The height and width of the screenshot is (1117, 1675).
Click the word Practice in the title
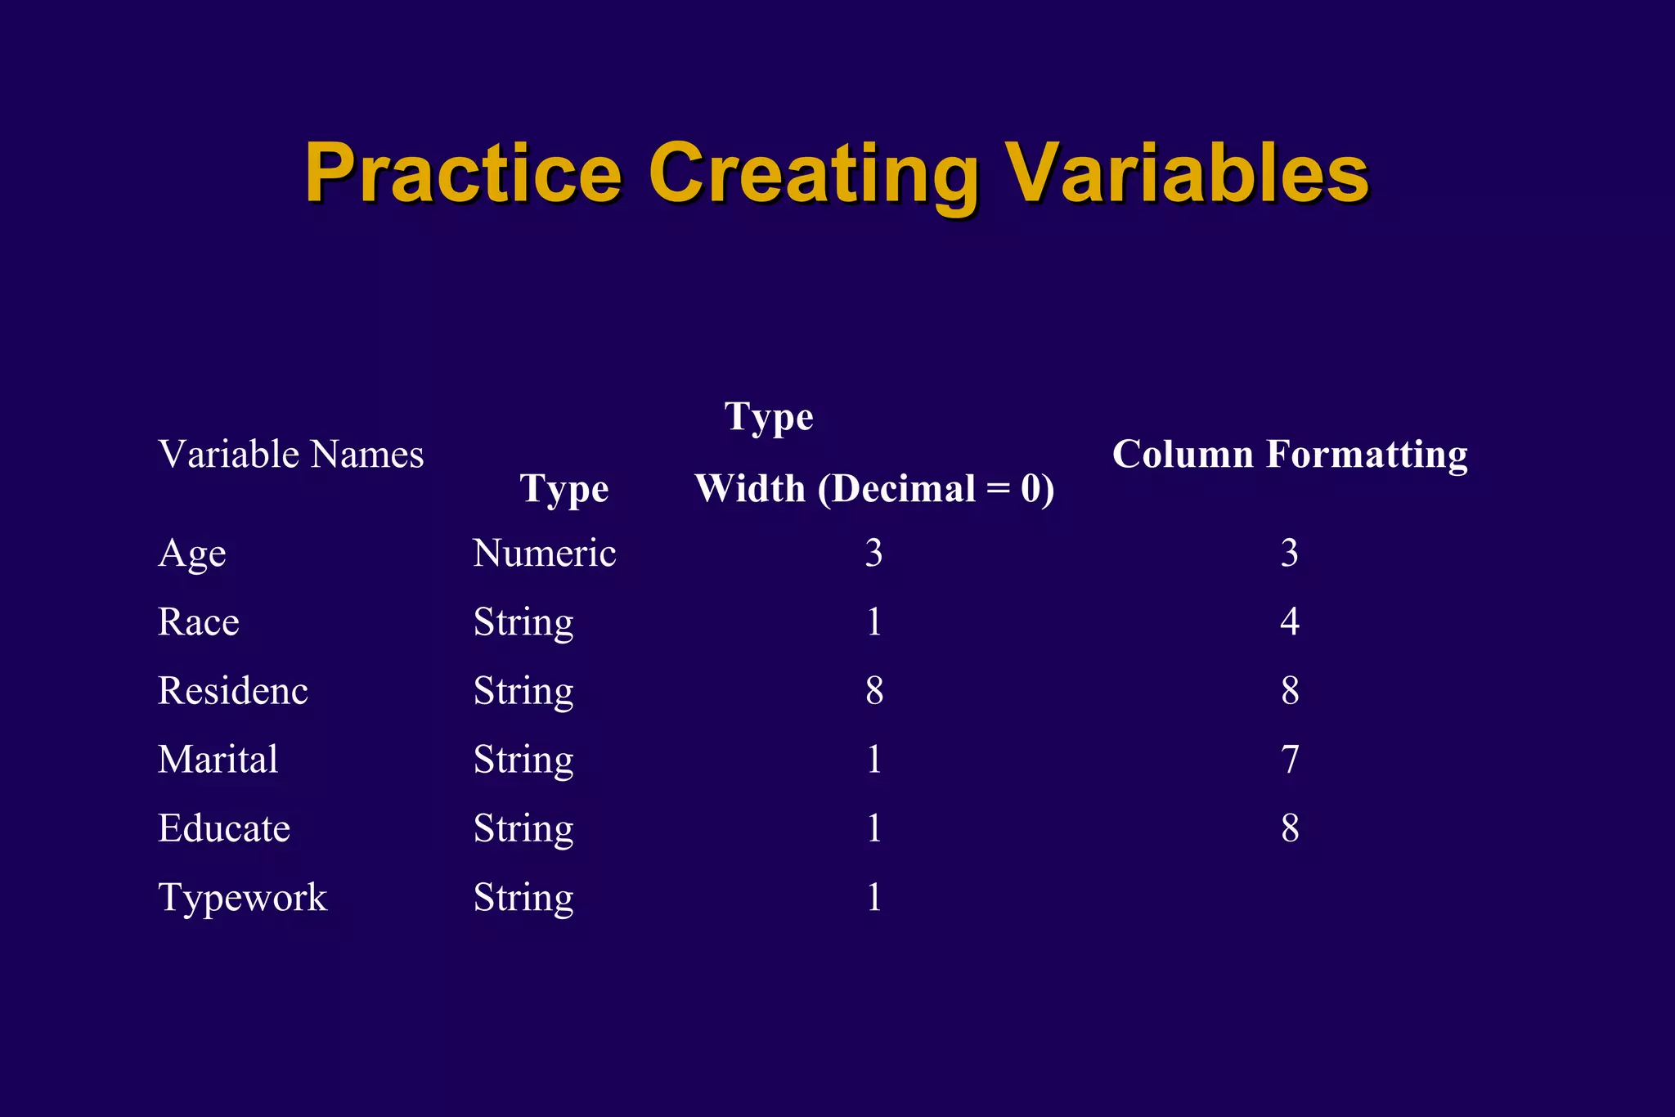tap(463, 174)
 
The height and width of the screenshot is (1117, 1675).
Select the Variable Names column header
tap(291, 455)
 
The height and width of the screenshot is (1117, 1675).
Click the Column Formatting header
tap(1290, 455)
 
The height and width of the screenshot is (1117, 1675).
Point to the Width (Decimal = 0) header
tap(874, 489)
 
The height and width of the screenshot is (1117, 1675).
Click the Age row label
tap(192, 554)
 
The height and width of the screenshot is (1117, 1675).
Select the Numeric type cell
tap(544, 554)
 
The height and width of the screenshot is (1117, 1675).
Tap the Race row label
tap(199, 622)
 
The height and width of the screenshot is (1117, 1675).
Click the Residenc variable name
tap(233, 691)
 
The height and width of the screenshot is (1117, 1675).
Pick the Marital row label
tap(218, 760)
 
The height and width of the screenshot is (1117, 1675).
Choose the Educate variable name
tap(224, 828)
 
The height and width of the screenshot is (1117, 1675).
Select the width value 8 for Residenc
tap(874, 691)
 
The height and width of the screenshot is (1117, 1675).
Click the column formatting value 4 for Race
tap(1290, 622)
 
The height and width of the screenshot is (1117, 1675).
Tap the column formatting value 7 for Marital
tap(1290, 760)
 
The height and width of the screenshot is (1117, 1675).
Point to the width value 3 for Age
tap(874, 554)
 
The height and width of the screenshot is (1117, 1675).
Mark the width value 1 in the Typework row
tap(874, 898)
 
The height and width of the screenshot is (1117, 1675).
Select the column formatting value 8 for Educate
tap(1290, 828)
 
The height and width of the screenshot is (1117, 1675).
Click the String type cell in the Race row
tap(523, 623)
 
